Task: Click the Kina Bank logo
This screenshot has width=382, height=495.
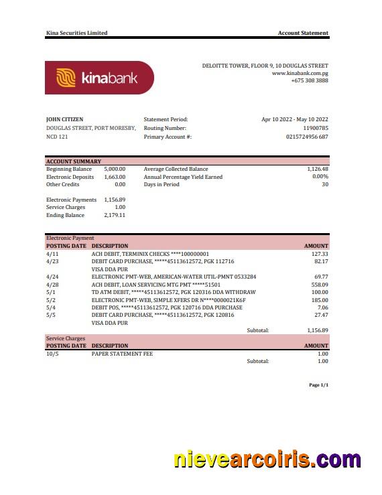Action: (x=99, y=78)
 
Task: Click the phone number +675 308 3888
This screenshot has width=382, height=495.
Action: (x=310, y=80)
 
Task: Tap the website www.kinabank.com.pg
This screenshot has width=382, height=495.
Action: (x=300, y=73)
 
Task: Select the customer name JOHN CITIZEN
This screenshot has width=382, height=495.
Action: (x=65, y=119)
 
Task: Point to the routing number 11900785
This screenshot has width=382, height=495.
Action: (x=316, y=128)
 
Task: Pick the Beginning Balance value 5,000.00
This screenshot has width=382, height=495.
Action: (x=115, y=169)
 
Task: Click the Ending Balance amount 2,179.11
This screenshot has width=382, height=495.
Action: (x=115, y=215)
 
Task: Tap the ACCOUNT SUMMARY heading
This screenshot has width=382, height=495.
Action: (x=74, y=161)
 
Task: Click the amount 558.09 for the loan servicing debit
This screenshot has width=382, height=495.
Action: (x=320, y=284)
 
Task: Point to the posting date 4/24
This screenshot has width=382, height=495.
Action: (x=52, y=277)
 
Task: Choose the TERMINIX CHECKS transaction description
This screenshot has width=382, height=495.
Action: (x=150, y=254)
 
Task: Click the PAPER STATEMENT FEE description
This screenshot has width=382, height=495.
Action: (x=122, y=354)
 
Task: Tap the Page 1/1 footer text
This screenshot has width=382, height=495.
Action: (x=318, y=385)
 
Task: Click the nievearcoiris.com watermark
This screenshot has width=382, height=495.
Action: (x=267, y=460)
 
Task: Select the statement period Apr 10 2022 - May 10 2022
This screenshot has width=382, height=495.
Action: (x=295, y=119)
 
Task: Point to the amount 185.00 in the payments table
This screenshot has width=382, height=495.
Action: (x=320, y=299)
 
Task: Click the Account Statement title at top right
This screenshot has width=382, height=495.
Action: (x=303, y=33)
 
